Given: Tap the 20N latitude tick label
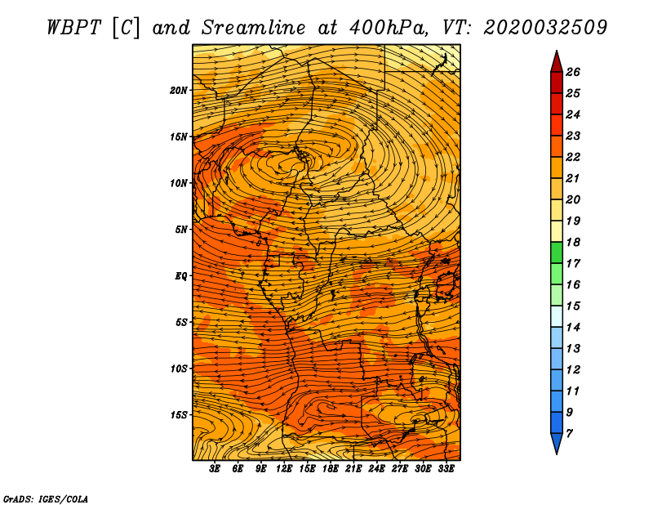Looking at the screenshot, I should pos(179,90).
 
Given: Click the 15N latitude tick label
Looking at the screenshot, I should pos(179,136).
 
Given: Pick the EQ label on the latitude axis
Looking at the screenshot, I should pos(180,275).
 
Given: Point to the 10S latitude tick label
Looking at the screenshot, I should pos(179,369).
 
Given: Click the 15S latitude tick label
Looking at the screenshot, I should pos(179,415).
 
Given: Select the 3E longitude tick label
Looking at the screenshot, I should pos(215,468).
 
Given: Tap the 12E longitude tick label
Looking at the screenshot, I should pos(284,468).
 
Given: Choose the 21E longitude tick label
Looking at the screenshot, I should pos(353,468).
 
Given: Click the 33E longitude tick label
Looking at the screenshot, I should pos(446,468).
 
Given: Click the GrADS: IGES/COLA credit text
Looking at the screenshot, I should pos(45,498).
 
